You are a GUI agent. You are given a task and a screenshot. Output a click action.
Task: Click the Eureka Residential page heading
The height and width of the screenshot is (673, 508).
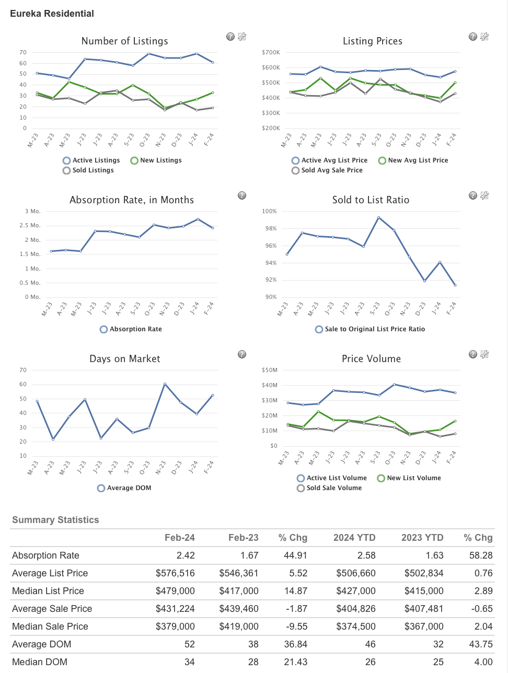pyautogui.click(x=52, y=14)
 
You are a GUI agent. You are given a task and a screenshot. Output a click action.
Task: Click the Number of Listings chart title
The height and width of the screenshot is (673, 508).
pyautogui.click(x=124, y=41)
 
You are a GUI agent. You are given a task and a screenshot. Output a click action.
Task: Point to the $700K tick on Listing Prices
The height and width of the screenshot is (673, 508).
pyautogui.click(x=271, y=52)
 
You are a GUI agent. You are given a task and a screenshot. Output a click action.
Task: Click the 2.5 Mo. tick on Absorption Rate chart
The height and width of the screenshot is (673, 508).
pyautogui.click(x=32, y=226)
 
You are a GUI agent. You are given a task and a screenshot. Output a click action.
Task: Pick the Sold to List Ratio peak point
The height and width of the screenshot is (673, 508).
pyautogui.click(x=378, y=217)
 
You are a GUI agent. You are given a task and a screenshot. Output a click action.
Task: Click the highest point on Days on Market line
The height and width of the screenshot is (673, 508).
pyautogui.click(x=165, y=384)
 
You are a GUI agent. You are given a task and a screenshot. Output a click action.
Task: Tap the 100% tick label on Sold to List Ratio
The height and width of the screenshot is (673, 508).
pyautogui.click(x=269, y=212)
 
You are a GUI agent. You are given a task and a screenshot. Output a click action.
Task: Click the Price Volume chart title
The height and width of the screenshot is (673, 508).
pyautogui.click(x=371, y=359)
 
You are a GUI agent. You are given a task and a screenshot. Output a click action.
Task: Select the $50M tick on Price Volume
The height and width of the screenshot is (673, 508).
pyautogui.click(x=270, y=370)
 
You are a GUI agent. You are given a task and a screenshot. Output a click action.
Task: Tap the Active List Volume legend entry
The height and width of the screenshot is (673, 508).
pyautogui.click(x=332, y=478)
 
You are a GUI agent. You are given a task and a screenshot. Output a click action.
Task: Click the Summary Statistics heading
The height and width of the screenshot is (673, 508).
pyautogui.click(x=55, y=520)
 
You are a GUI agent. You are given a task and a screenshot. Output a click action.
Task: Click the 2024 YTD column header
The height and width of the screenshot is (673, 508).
pyautogui.click(x=354, y=538)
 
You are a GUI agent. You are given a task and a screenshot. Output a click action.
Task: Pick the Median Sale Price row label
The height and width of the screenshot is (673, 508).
pyautogui.click(x=50, y=626)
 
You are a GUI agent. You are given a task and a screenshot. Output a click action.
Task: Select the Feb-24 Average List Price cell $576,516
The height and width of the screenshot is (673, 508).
pyautogui.click(x=175, y=573)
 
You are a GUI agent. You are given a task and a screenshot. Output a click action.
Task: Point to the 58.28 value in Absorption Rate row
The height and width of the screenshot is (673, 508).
pyautogui.click(x=481, y=555)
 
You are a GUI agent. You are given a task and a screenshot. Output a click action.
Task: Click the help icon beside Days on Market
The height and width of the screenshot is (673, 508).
pyautogui.click(x=242, y=354)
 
